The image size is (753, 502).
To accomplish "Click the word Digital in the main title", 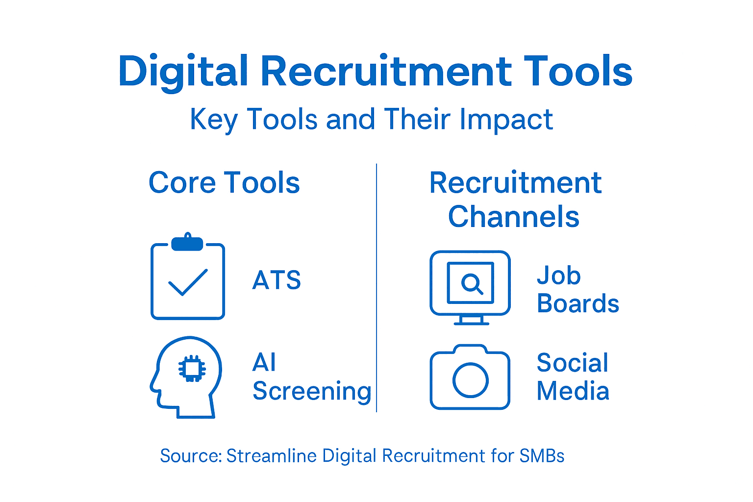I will [182, 72].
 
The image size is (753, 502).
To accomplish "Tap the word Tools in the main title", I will [578, 71].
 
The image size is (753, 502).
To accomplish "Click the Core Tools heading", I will [224, 183].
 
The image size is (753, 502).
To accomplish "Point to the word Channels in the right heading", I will [513, 217].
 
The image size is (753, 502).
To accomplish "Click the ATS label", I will [276, 280].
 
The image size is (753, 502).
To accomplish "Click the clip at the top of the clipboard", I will [187, 243].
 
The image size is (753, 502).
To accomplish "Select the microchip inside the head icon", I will [192, 368].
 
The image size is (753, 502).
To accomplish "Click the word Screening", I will [312, 391].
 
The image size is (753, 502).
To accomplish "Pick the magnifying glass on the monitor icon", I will [472, 283].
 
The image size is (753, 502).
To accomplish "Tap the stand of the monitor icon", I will [471, 320].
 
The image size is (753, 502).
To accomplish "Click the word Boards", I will [578, 304].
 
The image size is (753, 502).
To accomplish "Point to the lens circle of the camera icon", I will [471, 380].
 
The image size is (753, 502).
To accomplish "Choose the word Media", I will [573, 391].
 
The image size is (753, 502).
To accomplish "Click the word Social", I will [572, 363].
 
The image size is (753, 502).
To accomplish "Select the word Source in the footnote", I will [191, 456].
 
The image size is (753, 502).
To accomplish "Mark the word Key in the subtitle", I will [214, 120].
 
